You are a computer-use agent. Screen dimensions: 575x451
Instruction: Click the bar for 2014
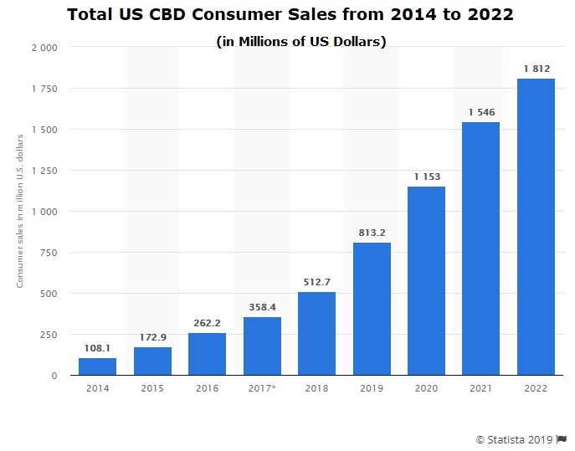[98, 366]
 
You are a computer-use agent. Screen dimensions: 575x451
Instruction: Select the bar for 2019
[372, 309]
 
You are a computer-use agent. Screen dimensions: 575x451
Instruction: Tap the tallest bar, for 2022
[536, 227]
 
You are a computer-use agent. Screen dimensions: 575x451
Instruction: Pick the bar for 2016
[208, 354]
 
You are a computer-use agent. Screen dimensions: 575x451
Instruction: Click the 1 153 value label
[427, 177]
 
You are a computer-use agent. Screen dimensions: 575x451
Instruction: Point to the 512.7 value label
[317, 282]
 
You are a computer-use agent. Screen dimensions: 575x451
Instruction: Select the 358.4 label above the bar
[262, 307]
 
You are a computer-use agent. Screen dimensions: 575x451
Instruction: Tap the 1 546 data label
[481, 112]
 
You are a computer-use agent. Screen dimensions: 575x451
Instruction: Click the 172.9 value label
[153, 337]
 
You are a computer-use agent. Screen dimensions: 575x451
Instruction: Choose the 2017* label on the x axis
[261, 388]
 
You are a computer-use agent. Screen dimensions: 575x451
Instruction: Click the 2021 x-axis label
[480, 388]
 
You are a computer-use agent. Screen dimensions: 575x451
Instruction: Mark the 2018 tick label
[317, 388]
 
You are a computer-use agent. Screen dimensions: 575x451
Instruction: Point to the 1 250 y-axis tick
[44, 171]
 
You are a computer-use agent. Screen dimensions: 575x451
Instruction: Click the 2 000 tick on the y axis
[44, 48]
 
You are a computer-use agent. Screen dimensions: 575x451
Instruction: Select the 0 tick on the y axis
[54, 376]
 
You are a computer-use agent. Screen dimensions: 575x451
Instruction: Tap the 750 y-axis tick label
[49, 253]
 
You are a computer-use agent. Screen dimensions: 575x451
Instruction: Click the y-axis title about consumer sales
[20, 211]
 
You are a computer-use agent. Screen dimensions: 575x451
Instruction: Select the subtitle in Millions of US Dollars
[301, 42]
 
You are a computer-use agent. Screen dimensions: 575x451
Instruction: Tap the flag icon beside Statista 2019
[561, 439]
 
